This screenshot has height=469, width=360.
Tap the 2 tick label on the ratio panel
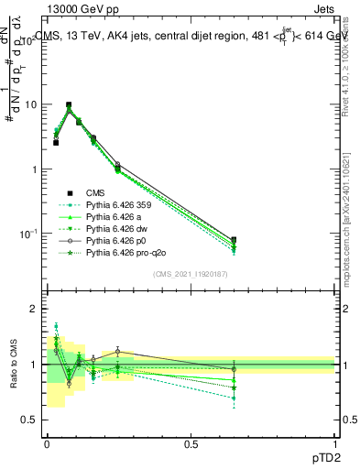click(35, 310)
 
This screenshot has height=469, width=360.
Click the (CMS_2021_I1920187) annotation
click(190, 274)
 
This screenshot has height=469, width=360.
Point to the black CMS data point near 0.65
click(234, 240)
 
